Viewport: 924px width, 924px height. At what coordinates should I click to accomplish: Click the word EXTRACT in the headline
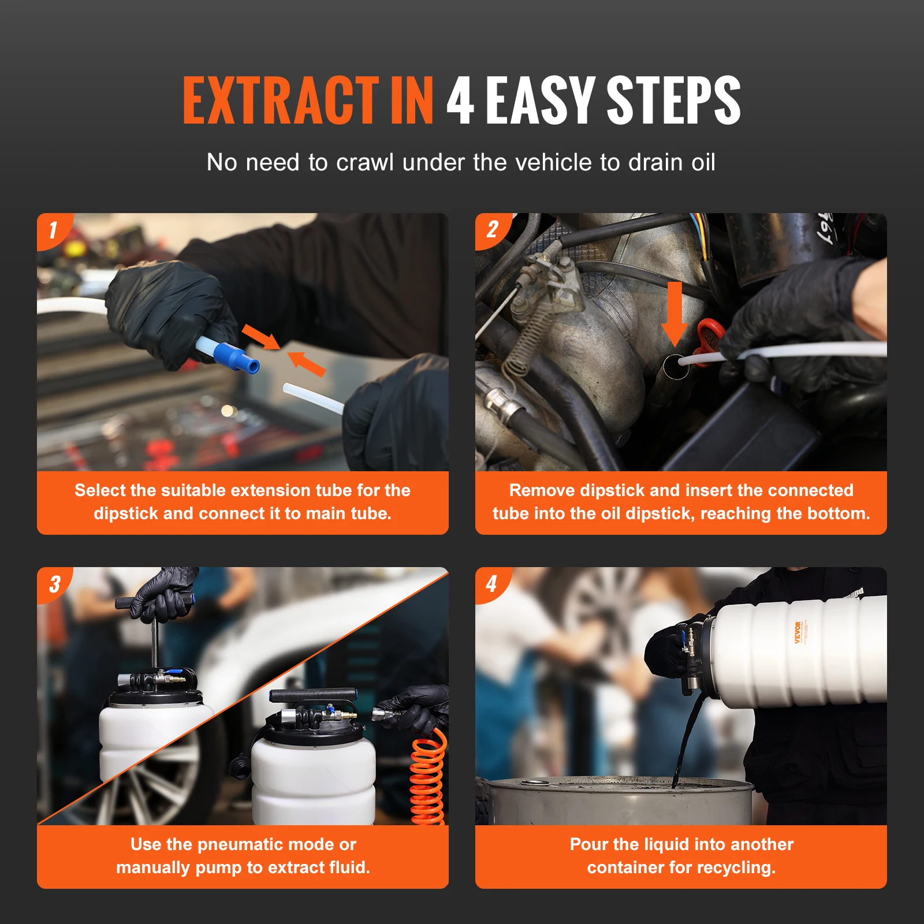(x=281, y=101)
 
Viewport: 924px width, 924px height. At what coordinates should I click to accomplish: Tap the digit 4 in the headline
(x=460, y=101)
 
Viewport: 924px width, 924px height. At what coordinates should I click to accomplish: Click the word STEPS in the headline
(x=673, y=101)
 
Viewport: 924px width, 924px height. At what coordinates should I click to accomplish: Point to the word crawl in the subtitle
(x=364, y=162)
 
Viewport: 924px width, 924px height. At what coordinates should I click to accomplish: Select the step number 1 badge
(x=53, y=230)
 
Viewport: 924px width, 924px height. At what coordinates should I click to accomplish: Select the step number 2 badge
(x=491, y=230)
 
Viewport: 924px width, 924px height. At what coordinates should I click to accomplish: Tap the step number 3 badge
(x=54, y=584)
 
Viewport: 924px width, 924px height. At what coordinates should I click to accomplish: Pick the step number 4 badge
(x=491, y=584)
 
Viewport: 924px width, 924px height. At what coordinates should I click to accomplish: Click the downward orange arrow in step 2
(x=674, y=315)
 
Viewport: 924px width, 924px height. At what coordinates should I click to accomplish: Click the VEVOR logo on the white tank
(x=798, y=632)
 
